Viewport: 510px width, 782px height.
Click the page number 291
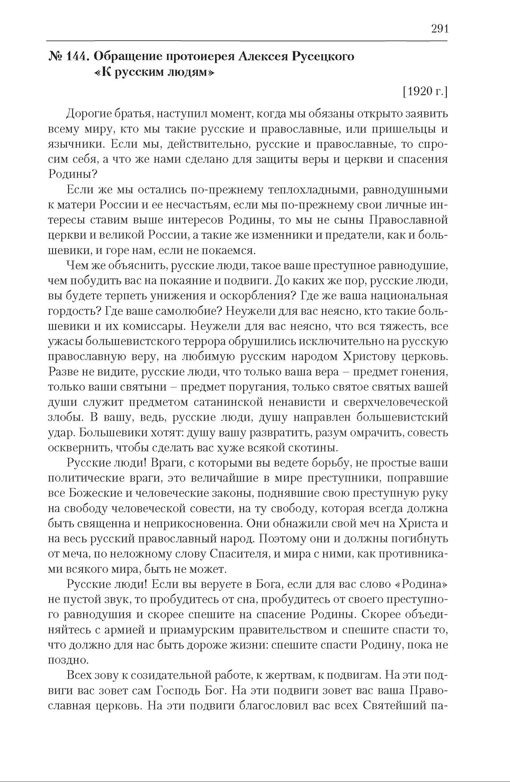(x=439, y=29)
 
